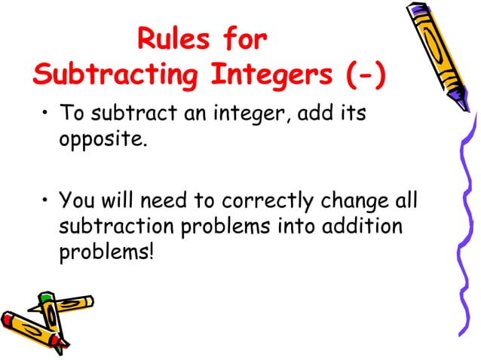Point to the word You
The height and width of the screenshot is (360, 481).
pos(77,201)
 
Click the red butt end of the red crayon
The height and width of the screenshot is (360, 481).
pos(6,318)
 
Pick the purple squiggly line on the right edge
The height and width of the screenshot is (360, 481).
pos(464,226)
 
